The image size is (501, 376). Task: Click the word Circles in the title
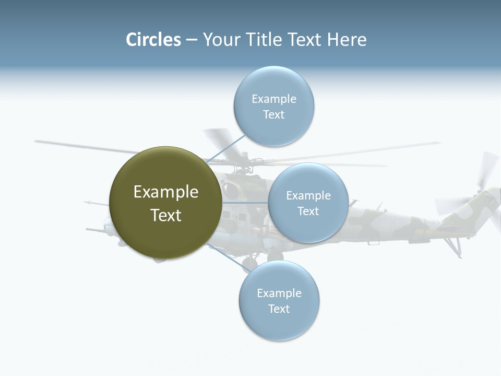point(153,40)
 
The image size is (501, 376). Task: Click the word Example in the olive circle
point(166,192)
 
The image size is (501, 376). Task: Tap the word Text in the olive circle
point(166,215)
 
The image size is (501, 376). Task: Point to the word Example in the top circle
point(273,99)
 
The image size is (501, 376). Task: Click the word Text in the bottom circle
point(279,309)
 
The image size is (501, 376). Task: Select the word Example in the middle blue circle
point(308,196)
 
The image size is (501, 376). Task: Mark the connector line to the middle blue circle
point(245,203)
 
